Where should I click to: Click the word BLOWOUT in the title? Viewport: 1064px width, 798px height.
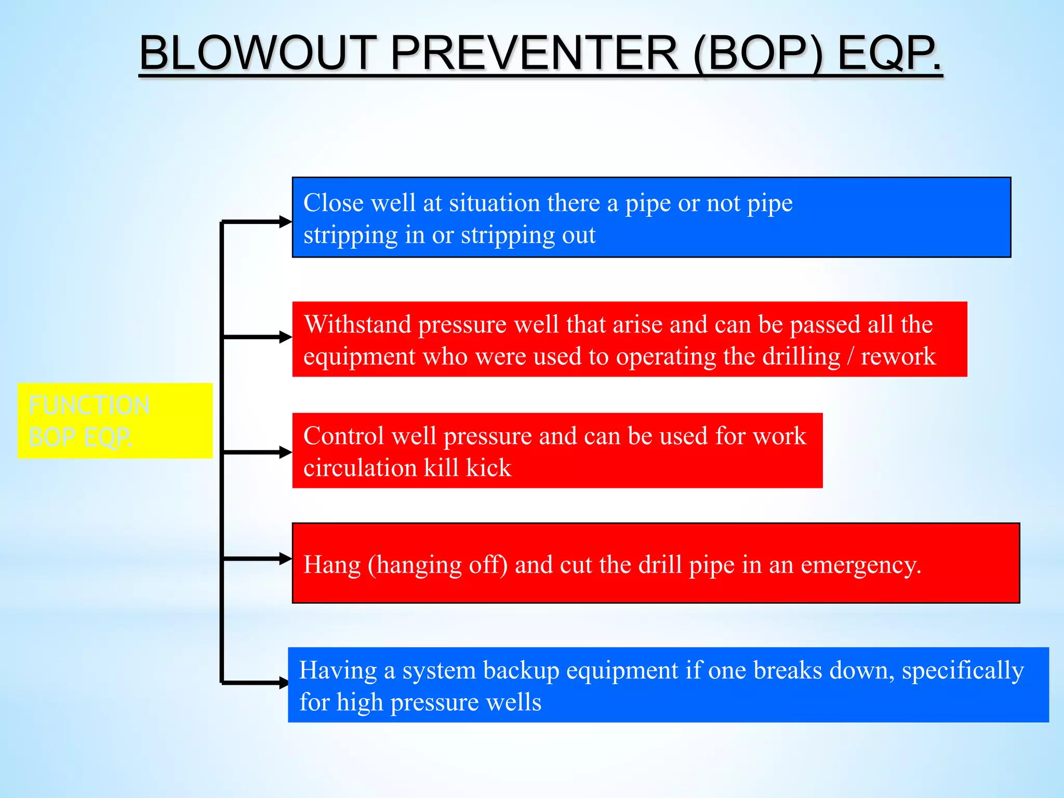258,53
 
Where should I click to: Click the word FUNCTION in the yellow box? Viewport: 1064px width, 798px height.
89,405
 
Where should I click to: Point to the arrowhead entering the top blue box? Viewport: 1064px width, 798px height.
286,222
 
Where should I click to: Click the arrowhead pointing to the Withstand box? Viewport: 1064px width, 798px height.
286,337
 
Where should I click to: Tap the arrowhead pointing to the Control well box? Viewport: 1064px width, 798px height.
286,453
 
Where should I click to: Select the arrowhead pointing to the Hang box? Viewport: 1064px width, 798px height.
286,559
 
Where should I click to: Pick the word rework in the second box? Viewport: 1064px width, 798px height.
898,357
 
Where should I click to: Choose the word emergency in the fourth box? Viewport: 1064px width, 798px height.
860,565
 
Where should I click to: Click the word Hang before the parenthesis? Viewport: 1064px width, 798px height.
332,565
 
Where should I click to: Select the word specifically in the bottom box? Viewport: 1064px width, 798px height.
963,671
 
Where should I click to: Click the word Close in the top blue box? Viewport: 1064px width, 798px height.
333,203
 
